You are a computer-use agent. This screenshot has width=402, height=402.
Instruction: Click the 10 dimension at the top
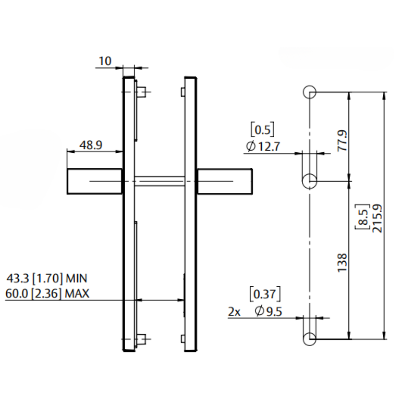coord(105,61)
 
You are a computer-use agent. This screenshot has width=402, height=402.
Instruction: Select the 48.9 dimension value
coord(91,145)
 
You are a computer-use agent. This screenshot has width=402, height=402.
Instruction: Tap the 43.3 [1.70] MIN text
coord(47,278)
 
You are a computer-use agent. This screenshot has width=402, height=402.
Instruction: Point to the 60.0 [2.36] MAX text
coord(47,293)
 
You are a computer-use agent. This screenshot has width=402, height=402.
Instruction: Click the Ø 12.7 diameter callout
coord(263,147)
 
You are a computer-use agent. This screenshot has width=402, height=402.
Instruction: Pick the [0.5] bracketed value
coord(263,130)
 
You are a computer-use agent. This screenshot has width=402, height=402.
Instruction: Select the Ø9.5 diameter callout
coord(268,311)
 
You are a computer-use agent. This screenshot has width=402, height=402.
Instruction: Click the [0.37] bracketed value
coord(265,294)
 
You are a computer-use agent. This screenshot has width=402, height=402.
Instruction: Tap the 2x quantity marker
coord(234,312)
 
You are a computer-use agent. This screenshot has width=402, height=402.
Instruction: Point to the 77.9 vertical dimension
coord(343,141)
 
